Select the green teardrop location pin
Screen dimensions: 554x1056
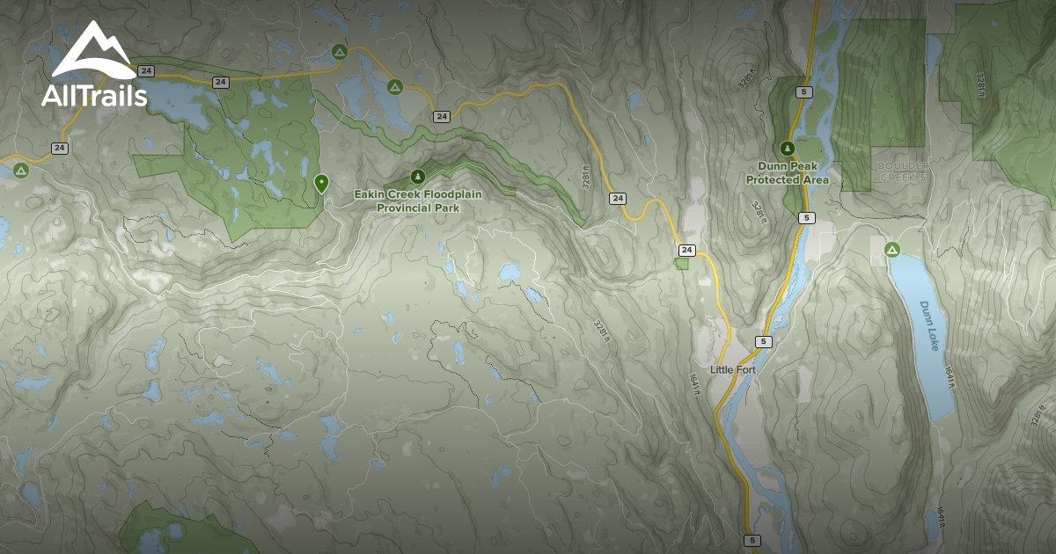(x=321, y=183)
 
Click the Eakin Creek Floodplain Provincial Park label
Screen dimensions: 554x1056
(x=418, y=200)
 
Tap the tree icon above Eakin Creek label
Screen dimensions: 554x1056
(x=418, y=176)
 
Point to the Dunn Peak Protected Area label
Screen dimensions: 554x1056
(x=788, y=172)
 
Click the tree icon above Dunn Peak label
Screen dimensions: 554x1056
(x=788, y=148)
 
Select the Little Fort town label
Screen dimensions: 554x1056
(x=733, y=369)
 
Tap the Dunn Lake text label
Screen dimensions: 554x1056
(x=930, y=326)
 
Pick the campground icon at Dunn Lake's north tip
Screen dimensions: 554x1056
(x=892, y=251)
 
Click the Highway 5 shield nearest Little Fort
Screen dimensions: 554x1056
(x=763, y=341)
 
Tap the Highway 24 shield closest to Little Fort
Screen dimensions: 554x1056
(x=686, y=251)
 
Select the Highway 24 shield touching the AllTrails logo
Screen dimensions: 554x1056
(x=146, y=70)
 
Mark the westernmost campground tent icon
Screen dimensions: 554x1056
(x=20, y=170)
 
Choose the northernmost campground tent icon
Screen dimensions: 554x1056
(x=339, y=53)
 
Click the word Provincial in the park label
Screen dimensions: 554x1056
(x=405, y=208)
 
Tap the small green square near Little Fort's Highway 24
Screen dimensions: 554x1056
(x=682, y=263)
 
